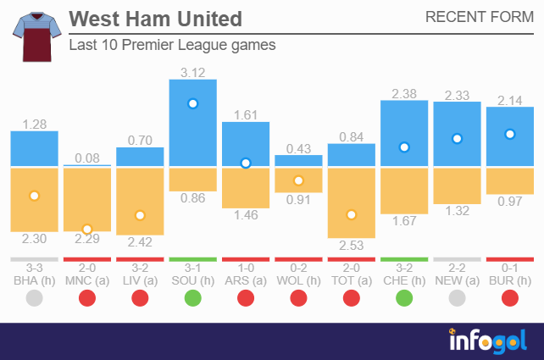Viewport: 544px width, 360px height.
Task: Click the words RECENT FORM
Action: (479, 18)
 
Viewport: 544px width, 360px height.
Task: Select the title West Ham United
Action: (155, 19)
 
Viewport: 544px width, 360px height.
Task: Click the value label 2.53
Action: (351, 246)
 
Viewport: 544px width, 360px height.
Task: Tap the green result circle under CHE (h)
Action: (403, 298)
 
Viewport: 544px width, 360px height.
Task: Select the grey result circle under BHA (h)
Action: (34, 298)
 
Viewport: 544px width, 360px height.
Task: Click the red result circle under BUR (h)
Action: (509, 298)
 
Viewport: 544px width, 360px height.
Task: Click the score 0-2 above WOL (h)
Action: (298, 267)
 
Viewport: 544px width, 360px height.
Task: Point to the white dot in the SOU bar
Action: (192, 103)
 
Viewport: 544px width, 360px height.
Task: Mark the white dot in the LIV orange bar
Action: (140, 215)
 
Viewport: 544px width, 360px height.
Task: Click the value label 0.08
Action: (86, 157)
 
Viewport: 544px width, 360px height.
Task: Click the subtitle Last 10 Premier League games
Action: (172, 46)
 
